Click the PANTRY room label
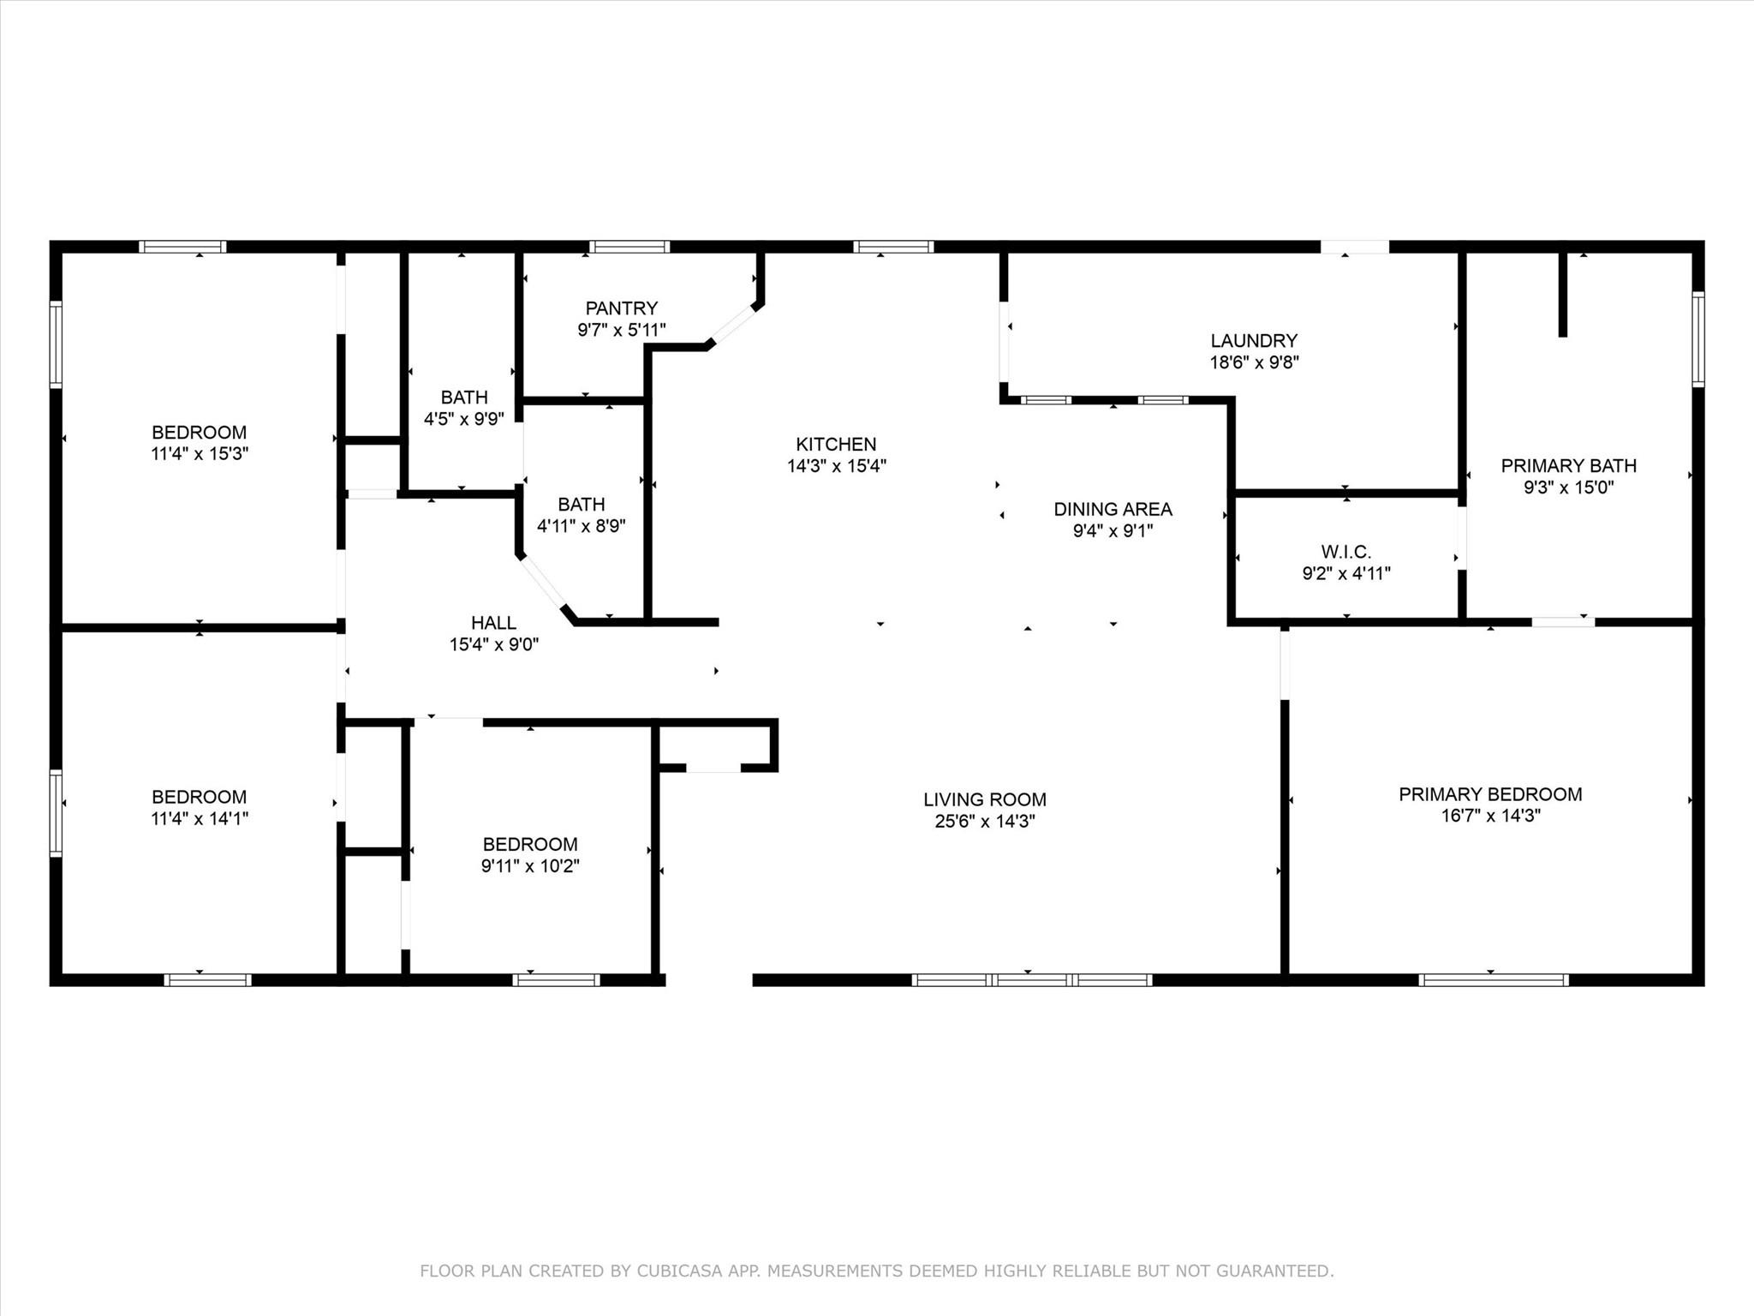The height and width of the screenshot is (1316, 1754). (621, 308)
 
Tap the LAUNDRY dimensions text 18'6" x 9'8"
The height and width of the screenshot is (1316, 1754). (1254, 362)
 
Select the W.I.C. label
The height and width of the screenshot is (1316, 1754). (1345, 552)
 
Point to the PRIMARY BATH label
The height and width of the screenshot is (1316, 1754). (1568, 465)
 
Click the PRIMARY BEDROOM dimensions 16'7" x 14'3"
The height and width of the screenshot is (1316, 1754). (1490, 816)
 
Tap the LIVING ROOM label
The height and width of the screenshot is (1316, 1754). (984, 799)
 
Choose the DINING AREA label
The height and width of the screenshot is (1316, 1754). (1113, 509)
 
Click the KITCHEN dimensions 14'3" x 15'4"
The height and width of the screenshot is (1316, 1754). (836, 466)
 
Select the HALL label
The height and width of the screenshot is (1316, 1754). (493, 623)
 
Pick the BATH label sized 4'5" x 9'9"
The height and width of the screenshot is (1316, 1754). (464, 397)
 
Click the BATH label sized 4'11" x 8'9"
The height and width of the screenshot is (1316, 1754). (581, 504)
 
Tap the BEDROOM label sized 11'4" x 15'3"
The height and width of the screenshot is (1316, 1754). (199, 432)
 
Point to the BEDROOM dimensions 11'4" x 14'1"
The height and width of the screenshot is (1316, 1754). (199, 818)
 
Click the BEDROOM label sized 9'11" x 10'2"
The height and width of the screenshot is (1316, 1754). (529, 844)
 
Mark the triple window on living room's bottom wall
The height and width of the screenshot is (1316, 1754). (1031, 980)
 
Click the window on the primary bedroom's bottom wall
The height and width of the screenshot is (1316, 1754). (1493, 980)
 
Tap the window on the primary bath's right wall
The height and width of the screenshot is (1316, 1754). (1697, 338)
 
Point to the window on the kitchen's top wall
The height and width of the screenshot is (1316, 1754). (893, 247)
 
